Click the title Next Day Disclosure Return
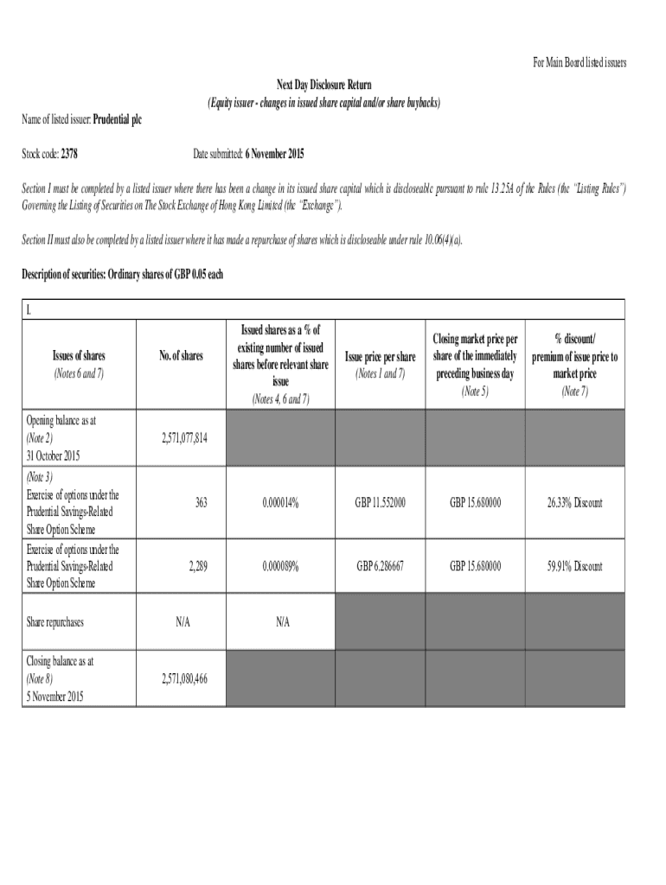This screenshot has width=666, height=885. coord(323,85)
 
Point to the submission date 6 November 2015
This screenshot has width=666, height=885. coord(261,154)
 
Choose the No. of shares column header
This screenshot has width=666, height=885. coord(181,356)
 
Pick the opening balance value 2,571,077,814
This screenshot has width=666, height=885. coord(184,438)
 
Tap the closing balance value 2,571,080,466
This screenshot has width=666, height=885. coord(184,678)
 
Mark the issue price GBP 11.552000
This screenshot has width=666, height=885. coord(380,502)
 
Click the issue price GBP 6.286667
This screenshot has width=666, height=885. coord(380,566)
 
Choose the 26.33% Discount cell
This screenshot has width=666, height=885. coord(574,502)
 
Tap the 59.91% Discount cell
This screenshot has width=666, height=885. coord(574,566)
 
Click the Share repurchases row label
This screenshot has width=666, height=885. coord(55,621)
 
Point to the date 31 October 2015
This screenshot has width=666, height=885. coord(54,455)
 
